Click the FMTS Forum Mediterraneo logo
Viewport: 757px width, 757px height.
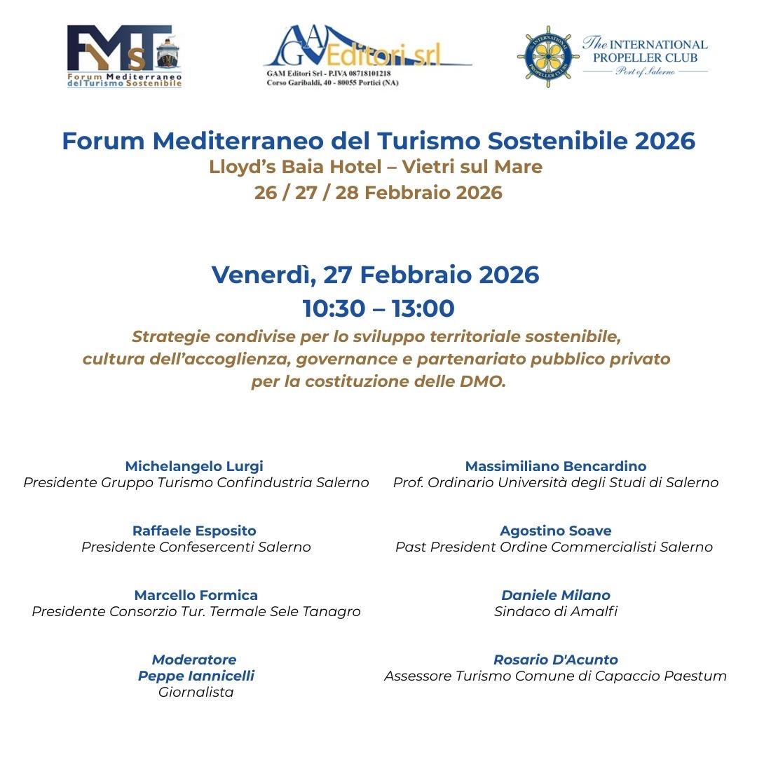tap(124, 56)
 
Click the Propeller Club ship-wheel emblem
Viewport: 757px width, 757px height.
tap(545, 53)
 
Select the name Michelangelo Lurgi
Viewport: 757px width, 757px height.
tap(194, 466)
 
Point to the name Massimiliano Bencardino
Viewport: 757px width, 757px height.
tap(556, 466)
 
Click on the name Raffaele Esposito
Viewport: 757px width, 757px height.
tap(194, 531)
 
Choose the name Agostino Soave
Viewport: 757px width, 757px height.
tap(556, 531)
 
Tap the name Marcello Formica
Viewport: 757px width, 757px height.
tap(196, 595)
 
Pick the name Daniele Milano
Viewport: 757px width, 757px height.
tap(556, 595)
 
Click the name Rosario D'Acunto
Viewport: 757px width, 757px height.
tap(556, 660)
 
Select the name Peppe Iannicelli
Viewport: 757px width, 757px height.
tap(196, 676)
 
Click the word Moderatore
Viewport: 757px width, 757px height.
tap(194, 660)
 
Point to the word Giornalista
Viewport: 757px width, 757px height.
tap(196, 693)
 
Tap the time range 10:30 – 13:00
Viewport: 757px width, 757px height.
tap(378, 308)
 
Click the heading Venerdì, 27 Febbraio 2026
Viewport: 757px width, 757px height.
tap(376, 275)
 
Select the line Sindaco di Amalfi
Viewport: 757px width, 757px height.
tap(556, 611)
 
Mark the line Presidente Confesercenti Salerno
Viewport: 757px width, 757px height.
tap(196, 547)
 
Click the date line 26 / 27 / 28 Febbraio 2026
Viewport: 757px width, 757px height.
tap(378, 193)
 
